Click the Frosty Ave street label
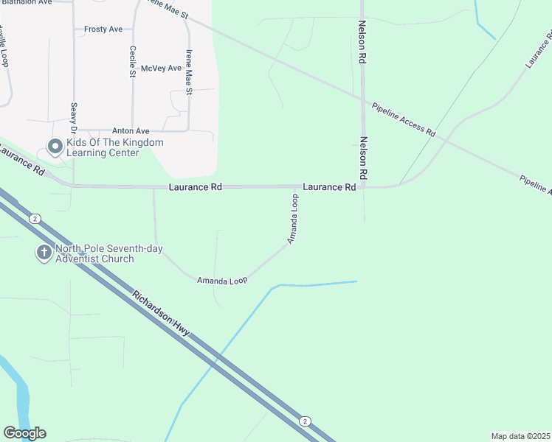point(103,29)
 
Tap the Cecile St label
point(133,61)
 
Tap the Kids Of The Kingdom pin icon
point(55,147)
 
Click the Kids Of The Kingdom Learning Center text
point(114,147)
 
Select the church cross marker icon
point(44,253)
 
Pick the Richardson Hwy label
point(161,315)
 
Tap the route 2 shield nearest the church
point(34,219)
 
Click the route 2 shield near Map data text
point(305,421)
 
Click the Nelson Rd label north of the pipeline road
point(362,44)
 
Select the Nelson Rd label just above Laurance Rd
point(362,158)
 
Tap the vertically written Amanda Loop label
point(293,219)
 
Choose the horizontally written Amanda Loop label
point(221,281)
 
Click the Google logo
point(25,433)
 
